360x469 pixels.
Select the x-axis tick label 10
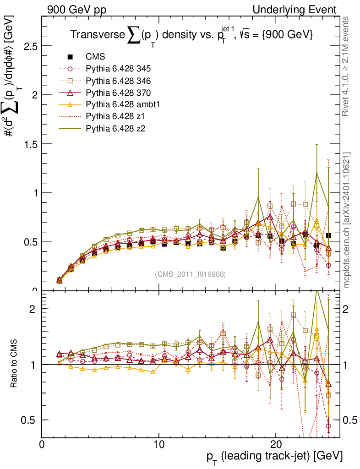pos(158,445)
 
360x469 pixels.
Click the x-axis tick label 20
pos(276,445)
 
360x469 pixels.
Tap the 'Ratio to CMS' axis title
pos(15,365)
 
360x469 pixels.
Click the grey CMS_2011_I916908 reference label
pos(190,274)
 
